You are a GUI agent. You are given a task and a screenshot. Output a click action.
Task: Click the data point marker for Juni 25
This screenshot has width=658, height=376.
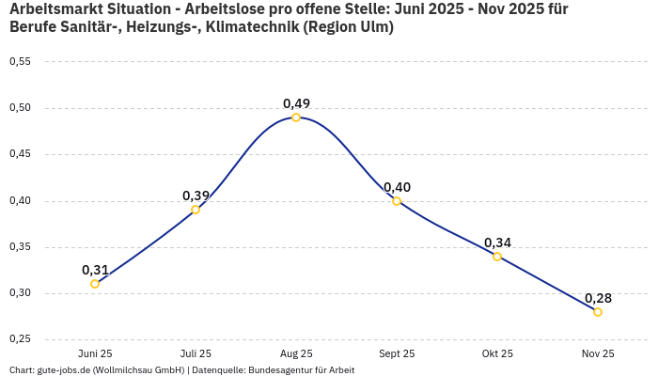pos(95,284)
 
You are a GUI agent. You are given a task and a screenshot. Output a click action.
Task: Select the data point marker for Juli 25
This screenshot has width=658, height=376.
pos(196,210)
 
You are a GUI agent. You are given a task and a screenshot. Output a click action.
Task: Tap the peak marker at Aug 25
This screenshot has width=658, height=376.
pos(296,117)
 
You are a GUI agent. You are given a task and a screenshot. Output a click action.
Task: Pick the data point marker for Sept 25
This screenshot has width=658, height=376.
pos(397,201)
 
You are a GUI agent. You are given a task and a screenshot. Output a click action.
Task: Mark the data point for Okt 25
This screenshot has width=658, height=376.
pos(497,257)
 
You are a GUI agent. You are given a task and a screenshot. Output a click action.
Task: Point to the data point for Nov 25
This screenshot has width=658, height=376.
pos(598,312)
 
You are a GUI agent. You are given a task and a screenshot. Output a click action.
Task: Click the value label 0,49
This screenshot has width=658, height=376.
pos(296,103)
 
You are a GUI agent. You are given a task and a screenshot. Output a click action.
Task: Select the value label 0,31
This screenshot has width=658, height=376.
pos(95,270)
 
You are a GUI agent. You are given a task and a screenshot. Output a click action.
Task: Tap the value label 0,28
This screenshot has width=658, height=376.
pos(598,298)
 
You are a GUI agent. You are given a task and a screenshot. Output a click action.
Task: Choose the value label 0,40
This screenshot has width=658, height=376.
pos(397,187)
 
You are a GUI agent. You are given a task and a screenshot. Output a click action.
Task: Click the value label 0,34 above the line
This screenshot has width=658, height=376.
pos(497,243)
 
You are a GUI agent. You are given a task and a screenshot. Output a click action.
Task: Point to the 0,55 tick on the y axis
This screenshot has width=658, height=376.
pos(20,61)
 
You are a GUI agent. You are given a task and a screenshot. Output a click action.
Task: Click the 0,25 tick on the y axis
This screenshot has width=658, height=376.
pos(20,339)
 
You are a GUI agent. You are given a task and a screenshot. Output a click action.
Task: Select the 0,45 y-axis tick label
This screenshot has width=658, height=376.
pos(20,154)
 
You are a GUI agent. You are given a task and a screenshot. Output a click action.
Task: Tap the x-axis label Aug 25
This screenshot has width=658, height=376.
pos(296,353)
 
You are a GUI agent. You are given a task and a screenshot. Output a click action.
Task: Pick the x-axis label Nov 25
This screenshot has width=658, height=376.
pos(598,353)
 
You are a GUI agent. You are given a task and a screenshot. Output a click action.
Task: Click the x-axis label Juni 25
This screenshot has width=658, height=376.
pos(95,353)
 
